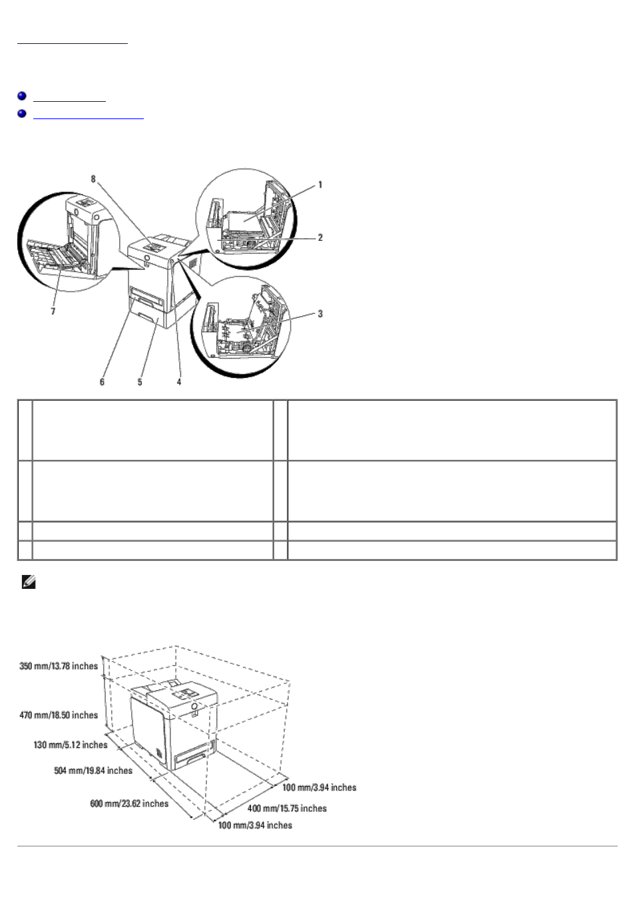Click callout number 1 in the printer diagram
320,184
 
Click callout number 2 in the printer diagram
320,238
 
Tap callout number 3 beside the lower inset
320,313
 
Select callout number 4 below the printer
179,382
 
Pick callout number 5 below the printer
140,382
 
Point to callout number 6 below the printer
102,382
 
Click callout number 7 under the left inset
53,311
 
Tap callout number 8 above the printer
93,179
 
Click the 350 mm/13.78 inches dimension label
59,667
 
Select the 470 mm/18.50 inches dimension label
59,715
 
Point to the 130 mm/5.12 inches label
71,745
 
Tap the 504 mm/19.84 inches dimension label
93,771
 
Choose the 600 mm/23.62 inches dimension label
129,803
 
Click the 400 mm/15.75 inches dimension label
287,809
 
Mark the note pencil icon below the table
29,582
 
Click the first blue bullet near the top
22,96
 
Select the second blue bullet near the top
22,114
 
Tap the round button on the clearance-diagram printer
194,706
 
